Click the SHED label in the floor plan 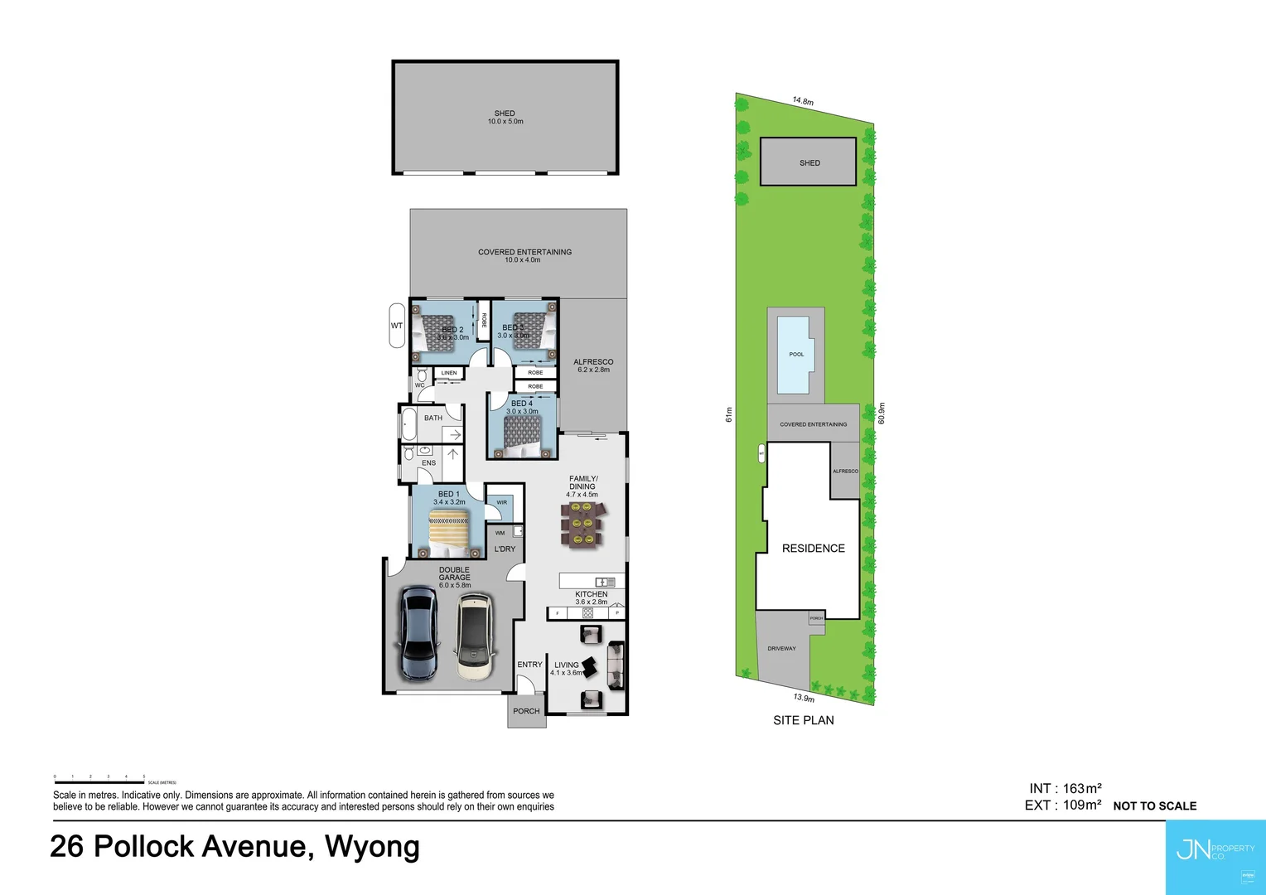tap(505, 114)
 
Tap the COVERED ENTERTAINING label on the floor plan tap(524, 252)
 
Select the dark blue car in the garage tap(418, 634)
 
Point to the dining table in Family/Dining tap(582, 525)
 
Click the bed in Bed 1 tap(448, 534)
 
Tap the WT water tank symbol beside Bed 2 tap(397, 326)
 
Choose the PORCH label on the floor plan tap(526, 711)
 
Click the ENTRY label tap(529, 665)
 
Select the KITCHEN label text tap(592, 594)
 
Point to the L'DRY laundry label tap(505, 549)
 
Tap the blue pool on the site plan tap(794, 355)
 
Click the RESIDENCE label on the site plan tap(813, 549)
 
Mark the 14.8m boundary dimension tap(803, 101)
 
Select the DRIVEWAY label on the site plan tap(781, 649)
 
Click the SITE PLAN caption tap(803, 720)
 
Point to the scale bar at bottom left tap(99, 781)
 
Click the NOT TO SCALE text tap(1154, 806)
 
